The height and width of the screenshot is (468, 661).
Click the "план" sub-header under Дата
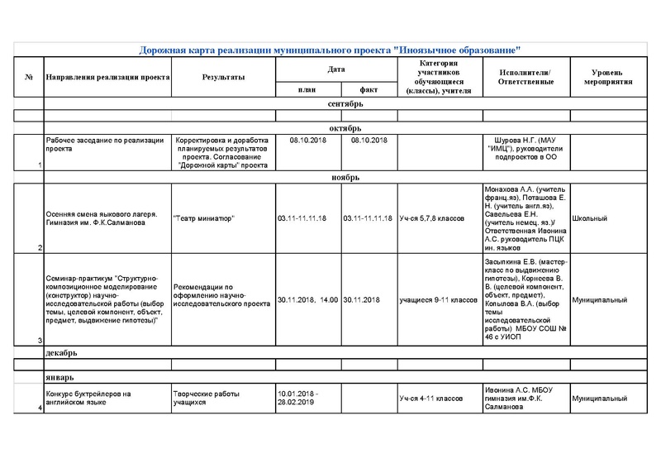[307, 90]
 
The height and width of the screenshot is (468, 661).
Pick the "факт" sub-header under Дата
[368, 90]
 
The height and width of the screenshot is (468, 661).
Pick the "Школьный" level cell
[590, 218]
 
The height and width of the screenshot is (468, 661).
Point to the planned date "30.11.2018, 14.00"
[307, 299]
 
